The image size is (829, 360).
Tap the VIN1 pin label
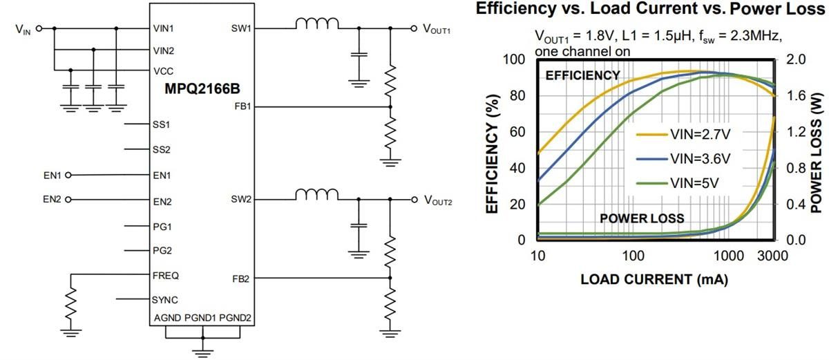164,28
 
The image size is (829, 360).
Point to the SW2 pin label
243,200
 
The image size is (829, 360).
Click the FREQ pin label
166,275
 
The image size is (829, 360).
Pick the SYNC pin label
165,299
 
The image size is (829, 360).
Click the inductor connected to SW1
317,25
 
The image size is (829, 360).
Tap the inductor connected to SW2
317,195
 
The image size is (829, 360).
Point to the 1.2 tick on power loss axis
794,132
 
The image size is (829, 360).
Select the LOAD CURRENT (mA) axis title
654,280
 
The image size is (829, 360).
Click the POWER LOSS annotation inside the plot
642,218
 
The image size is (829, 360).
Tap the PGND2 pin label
236,318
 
